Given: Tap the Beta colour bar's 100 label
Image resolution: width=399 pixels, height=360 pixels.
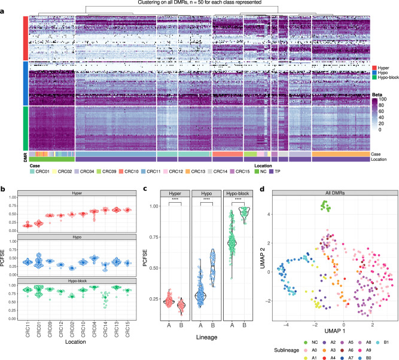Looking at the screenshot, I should (x=388, y=99).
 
